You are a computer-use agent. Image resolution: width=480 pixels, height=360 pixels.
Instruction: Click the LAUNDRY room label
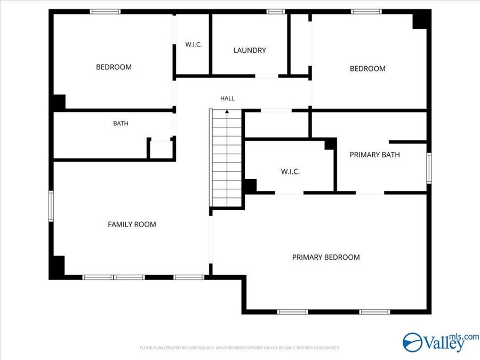click(250, 50)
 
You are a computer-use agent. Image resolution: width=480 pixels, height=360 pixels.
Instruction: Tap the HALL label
click(227, 98)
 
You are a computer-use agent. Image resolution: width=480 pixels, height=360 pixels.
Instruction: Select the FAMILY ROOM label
click(132, 225)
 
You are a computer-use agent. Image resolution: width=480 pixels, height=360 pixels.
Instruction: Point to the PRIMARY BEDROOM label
click(326, 257)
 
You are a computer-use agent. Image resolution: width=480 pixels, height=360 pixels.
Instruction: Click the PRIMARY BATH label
click(375, 155)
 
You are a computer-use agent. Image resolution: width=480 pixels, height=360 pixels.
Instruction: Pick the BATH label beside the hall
click(121, 123)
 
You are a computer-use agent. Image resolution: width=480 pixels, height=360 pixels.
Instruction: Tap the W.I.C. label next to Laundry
click(194, 44)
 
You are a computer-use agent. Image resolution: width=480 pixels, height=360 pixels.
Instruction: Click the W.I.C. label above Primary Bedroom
click(290, 171)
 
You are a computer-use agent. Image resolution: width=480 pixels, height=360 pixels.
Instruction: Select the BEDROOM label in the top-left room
click(114, 67)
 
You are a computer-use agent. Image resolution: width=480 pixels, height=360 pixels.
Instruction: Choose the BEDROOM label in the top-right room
click(367, 69)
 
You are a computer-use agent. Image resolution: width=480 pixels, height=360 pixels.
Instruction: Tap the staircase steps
click(227, 158)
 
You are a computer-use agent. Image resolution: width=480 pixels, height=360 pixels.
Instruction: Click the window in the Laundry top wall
click(276, 12)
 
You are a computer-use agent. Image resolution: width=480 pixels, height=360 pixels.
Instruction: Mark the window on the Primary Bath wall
click(429, 168)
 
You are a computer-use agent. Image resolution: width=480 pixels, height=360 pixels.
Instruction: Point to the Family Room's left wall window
click(51, 206)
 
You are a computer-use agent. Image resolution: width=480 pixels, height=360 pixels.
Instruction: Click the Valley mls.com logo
click(441, 342)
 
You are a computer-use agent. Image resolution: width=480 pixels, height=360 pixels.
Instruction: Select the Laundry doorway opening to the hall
click(267, 76)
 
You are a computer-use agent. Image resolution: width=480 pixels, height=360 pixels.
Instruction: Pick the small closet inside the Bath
click(161, 149)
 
